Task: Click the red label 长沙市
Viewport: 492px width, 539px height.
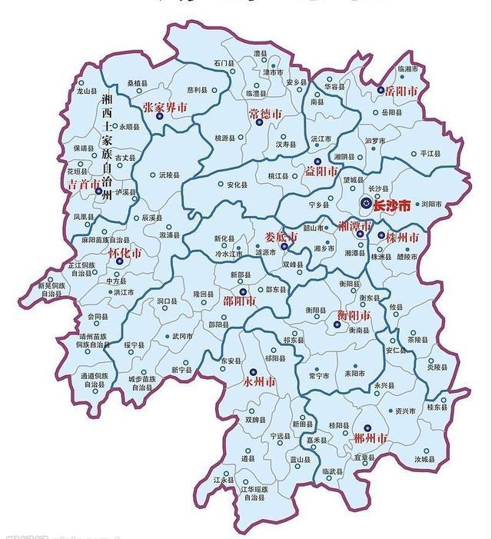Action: coord(391,206)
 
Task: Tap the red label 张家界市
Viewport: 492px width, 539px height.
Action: coord(165,108)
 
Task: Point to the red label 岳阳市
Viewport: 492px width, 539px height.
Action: coord(401,91)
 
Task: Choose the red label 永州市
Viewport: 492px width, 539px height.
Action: coord(258,382)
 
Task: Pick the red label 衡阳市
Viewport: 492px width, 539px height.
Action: coord(354,315)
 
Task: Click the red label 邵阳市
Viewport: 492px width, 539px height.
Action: coord(241,302)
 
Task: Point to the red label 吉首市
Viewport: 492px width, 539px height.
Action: coord(84,185)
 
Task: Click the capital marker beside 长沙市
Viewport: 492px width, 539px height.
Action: coord(366,204)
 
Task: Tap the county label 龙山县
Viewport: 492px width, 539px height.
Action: coord(87,91)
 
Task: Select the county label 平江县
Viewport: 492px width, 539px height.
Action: coord(431,154)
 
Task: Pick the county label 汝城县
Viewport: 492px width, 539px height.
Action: coord(425,459)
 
